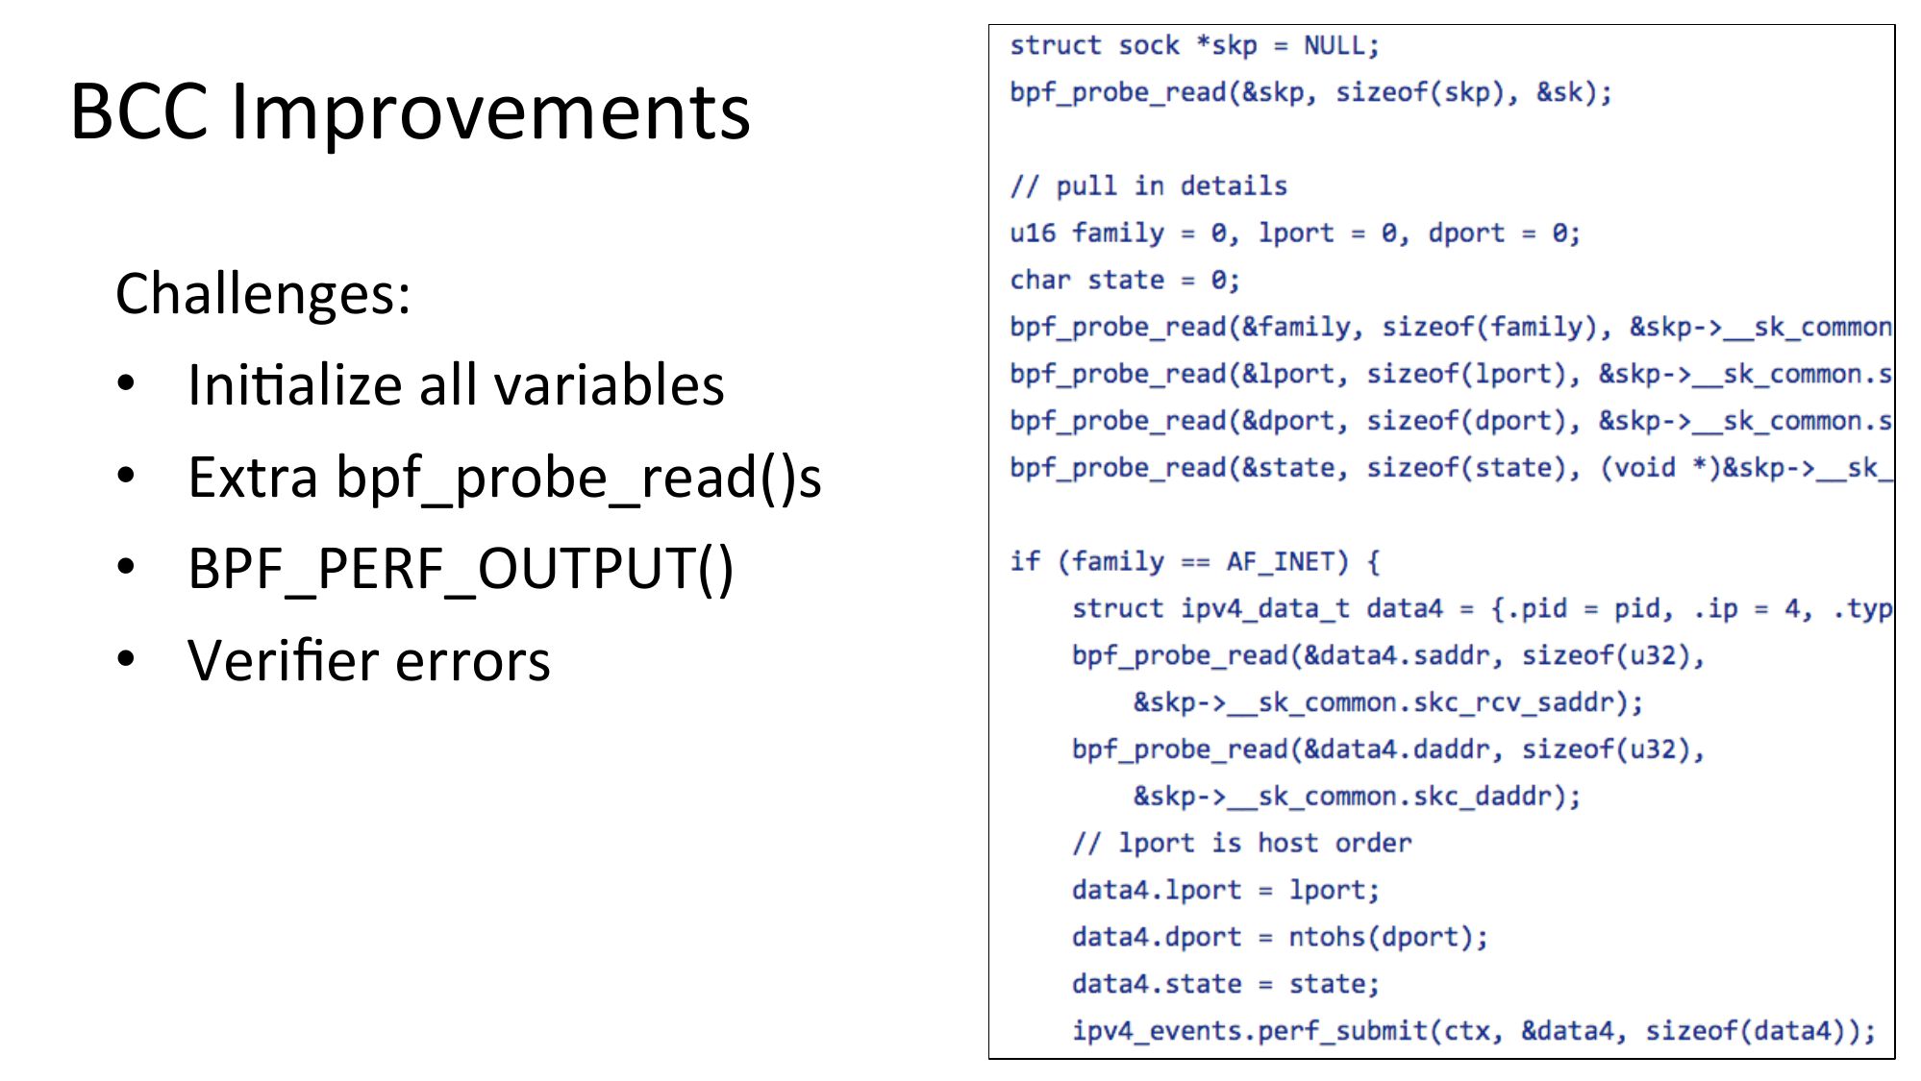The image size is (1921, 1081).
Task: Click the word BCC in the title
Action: coord(139,112)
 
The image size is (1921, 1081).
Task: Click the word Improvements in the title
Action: coord(490,112)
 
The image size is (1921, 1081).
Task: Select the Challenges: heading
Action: coord(262,293)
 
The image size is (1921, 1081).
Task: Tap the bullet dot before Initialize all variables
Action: coord(126,383)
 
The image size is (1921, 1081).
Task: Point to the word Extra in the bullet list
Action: coord(252,477)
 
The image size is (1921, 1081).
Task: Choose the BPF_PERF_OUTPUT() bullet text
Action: coord(461,568)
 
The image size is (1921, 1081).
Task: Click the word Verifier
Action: coord(284,660)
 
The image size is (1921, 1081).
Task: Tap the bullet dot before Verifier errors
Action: coord(126,659)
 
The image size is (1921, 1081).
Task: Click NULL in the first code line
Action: coord(1335,45)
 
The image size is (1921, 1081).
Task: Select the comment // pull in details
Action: coord(1148,185)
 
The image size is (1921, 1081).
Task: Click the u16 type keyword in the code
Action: coord(1033,233)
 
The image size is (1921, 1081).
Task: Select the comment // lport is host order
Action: coord(1241,843)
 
